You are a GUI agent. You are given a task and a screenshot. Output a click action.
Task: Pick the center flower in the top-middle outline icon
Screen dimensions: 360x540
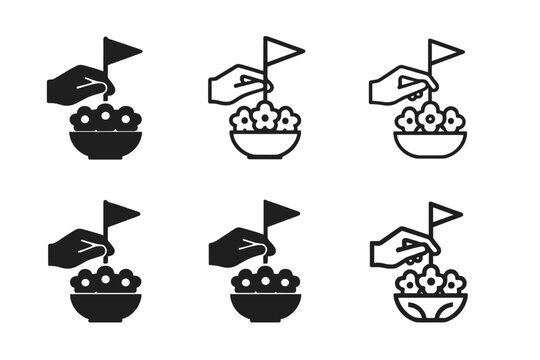[265, 117]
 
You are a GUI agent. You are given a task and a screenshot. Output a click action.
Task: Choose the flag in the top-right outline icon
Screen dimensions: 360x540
[444, 51]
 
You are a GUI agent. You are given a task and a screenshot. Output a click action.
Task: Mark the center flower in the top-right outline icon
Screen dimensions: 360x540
[430, 117]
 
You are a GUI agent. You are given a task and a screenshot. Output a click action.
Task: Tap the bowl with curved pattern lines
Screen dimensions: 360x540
[430, 307]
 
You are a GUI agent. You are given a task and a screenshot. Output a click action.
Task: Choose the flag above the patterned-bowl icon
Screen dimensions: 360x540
[444, 214]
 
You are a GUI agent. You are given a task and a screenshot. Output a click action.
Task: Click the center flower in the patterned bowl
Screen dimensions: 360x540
[430, 280]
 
